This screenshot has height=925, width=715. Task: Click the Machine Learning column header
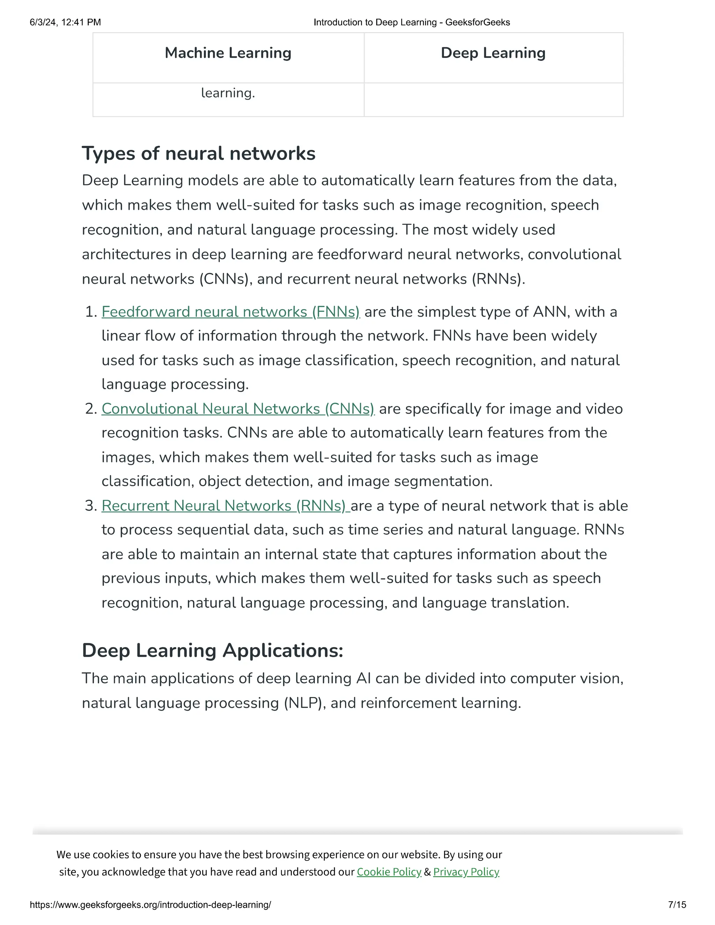point(228,53)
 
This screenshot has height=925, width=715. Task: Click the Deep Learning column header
point(493,53)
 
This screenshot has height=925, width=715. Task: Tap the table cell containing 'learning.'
point(228,93)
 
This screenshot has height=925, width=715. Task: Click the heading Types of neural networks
point(198,153)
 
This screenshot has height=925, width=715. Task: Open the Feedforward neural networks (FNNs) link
point(230,312)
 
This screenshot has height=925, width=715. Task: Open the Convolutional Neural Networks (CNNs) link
point(238,409)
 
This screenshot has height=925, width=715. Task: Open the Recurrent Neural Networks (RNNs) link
point(225,506)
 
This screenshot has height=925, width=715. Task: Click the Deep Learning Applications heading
point(212,651)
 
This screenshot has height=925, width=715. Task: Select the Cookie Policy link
point(389,872)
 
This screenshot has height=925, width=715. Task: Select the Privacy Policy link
point(466,872)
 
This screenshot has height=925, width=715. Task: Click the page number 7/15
point(677,905)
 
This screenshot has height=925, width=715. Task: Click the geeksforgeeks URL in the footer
point(150,905)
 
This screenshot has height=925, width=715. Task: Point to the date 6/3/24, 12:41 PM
point(65,22)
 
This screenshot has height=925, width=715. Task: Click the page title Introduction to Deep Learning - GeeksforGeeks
point(411,22)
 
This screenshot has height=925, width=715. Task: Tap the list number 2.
point(91,409)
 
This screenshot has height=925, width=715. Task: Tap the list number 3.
point(91,506)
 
